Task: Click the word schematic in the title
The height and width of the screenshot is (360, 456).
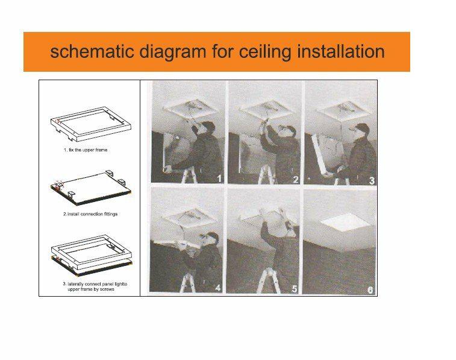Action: click(x=92, y=51)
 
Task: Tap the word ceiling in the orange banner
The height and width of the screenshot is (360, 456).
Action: click(x=265, y=52)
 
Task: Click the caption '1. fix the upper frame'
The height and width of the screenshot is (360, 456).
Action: click(x=85, y=150)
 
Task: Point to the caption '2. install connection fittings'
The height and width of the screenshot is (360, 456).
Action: click(x=90, y=214)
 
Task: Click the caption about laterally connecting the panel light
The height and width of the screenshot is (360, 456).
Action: click(x=95, y=286)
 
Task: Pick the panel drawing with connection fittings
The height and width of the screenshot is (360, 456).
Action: click(x=91, y=187)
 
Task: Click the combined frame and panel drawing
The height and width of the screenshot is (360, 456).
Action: click(x=92, y=255)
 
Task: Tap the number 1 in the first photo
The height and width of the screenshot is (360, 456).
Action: click(x=219, y=178)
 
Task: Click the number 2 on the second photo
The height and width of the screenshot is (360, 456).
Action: click(x=296, y=179)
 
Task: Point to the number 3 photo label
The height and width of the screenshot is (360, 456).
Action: click(x=372, y=180)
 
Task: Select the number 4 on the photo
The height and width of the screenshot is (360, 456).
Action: click(x=218, y=288)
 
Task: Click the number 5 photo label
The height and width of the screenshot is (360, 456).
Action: click(x=295, y=288)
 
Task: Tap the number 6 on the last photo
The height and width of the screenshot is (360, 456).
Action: click(x=370, y=290)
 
